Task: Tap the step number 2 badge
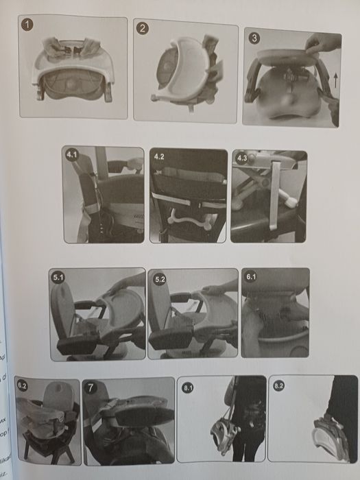(143, 29)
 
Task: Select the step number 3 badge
(254, 38)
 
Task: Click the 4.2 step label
(159, 156)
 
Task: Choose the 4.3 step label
(241, 158)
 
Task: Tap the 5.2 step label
(159, 279)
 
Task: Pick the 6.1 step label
(251, 276)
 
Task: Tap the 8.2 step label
(278, 386)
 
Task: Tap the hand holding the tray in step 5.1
(122, 283)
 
